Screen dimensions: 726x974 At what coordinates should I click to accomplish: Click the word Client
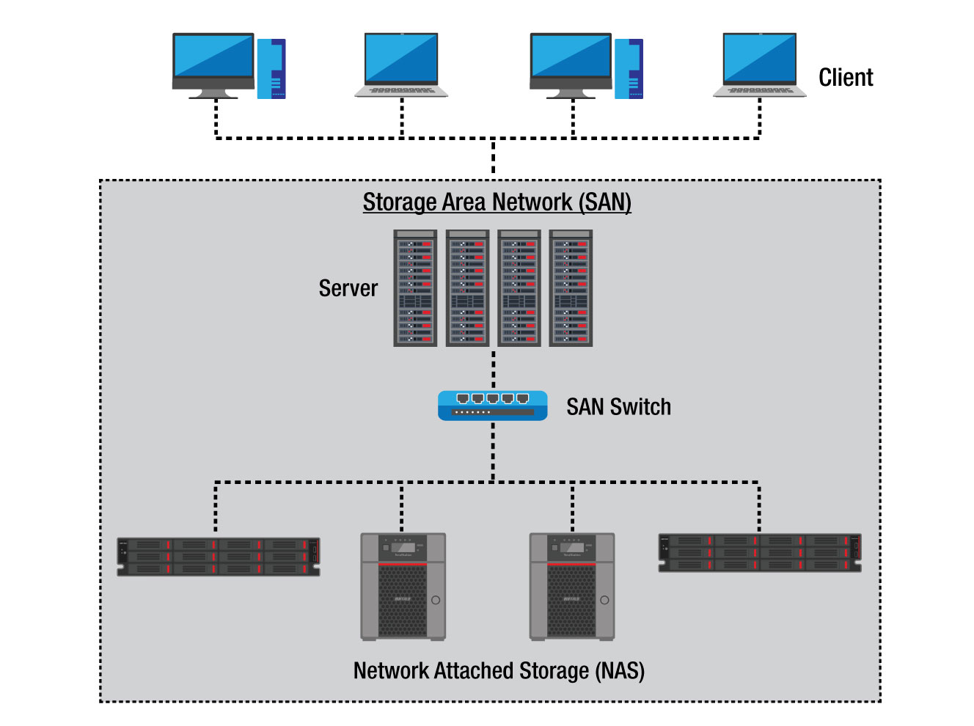coord(845,78)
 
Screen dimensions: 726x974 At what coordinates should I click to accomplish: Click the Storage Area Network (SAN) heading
coord(497,202)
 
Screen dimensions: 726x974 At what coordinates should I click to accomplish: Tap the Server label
coord(348,288)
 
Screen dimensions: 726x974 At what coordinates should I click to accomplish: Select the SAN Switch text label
coord(618,407)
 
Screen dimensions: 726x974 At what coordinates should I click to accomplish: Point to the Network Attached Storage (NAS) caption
coord(499,670)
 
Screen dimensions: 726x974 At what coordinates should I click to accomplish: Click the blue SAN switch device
coord(492,406)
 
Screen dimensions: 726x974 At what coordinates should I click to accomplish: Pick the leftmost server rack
coord(415,288)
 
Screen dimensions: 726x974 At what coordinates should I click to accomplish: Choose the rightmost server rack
coord(571,288)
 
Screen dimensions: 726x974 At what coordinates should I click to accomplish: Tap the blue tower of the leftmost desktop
coord(271,69)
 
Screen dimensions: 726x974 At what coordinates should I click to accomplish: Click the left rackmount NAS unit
coord(219,557)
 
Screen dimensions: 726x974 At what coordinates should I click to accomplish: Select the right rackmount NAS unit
coord(759,552)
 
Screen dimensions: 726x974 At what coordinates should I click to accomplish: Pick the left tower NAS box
coord(403,587)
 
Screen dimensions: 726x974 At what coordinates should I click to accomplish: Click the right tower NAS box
coord(571,587)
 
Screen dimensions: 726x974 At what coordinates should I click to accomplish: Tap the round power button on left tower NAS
coord(436,600)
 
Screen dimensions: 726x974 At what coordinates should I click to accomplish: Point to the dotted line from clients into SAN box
coord(493,158)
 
